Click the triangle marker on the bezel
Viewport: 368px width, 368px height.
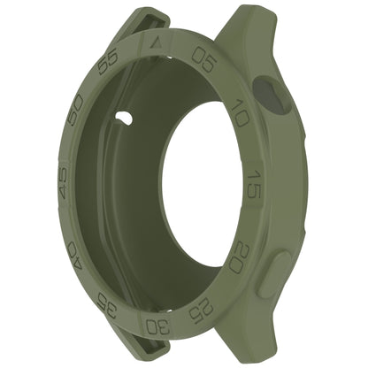click(157, 42)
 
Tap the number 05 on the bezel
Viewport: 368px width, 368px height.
click(204, 58)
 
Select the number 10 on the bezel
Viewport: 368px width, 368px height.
click(240, 114)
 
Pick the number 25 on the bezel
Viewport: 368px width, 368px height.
click(204, 308)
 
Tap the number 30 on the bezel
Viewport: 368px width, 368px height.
click(157, 326)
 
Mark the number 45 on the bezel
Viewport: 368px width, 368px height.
click(63, 187)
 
